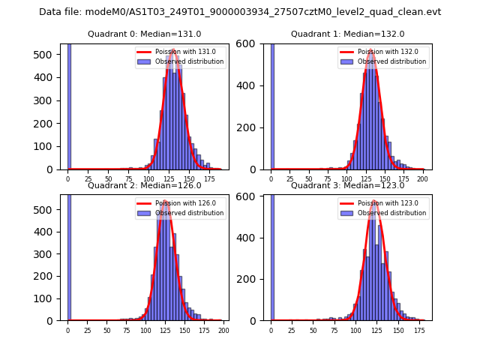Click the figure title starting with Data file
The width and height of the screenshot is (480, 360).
240,12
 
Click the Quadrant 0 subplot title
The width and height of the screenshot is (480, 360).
145,34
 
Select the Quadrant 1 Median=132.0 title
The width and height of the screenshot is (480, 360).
348,34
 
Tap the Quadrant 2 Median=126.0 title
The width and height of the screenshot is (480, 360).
145,185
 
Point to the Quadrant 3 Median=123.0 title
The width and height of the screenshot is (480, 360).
348,185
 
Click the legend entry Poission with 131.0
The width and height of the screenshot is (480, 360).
180,52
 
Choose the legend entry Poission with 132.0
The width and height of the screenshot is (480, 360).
383,52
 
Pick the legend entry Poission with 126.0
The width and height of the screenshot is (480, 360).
180,203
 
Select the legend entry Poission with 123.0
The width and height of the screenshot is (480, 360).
383,203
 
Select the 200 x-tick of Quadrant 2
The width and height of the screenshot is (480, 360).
223,330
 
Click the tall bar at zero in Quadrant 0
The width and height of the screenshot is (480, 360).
69,105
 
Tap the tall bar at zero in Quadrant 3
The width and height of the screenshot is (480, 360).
272,255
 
